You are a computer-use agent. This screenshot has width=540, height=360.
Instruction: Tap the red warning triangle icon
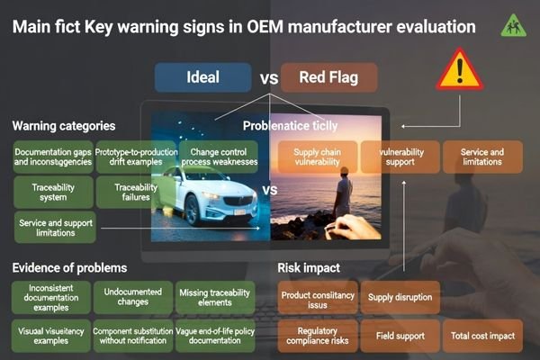460,69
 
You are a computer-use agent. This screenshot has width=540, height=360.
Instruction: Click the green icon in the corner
513,24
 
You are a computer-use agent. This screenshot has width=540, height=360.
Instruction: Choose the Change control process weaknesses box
218,157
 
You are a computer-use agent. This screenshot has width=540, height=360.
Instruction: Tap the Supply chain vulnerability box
316,157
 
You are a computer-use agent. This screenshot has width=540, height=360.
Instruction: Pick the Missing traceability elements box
216,298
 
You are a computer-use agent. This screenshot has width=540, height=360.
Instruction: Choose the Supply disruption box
400,297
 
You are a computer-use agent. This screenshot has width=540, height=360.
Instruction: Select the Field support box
400,336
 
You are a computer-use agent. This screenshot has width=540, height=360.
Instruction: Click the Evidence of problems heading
69,267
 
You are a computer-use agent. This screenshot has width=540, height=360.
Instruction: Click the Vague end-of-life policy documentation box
216,336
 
